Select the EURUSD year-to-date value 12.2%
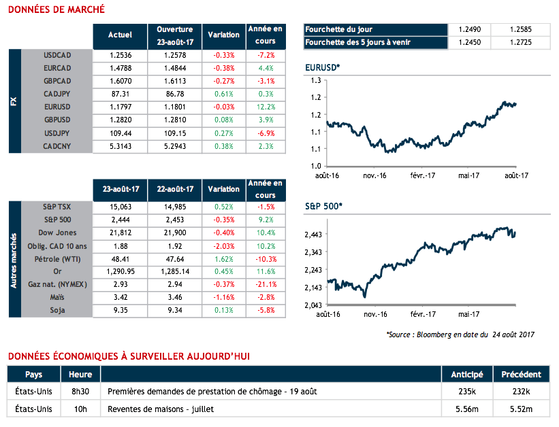coord(265,107)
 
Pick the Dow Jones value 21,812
coord(120,233)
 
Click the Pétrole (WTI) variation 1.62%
coord(223,259)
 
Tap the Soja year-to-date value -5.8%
coord(265,311)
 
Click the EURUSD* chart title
coord(324,68)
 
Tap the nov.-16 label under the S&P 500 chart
coord(374,314)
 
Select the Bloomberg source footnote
coord(460,334)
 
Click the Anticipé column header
coord(467,374)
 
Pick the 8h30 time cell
coord(80,392)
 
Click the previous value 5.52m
coord(521,409)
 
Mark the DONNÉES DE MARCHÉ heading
coord(56,10)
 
